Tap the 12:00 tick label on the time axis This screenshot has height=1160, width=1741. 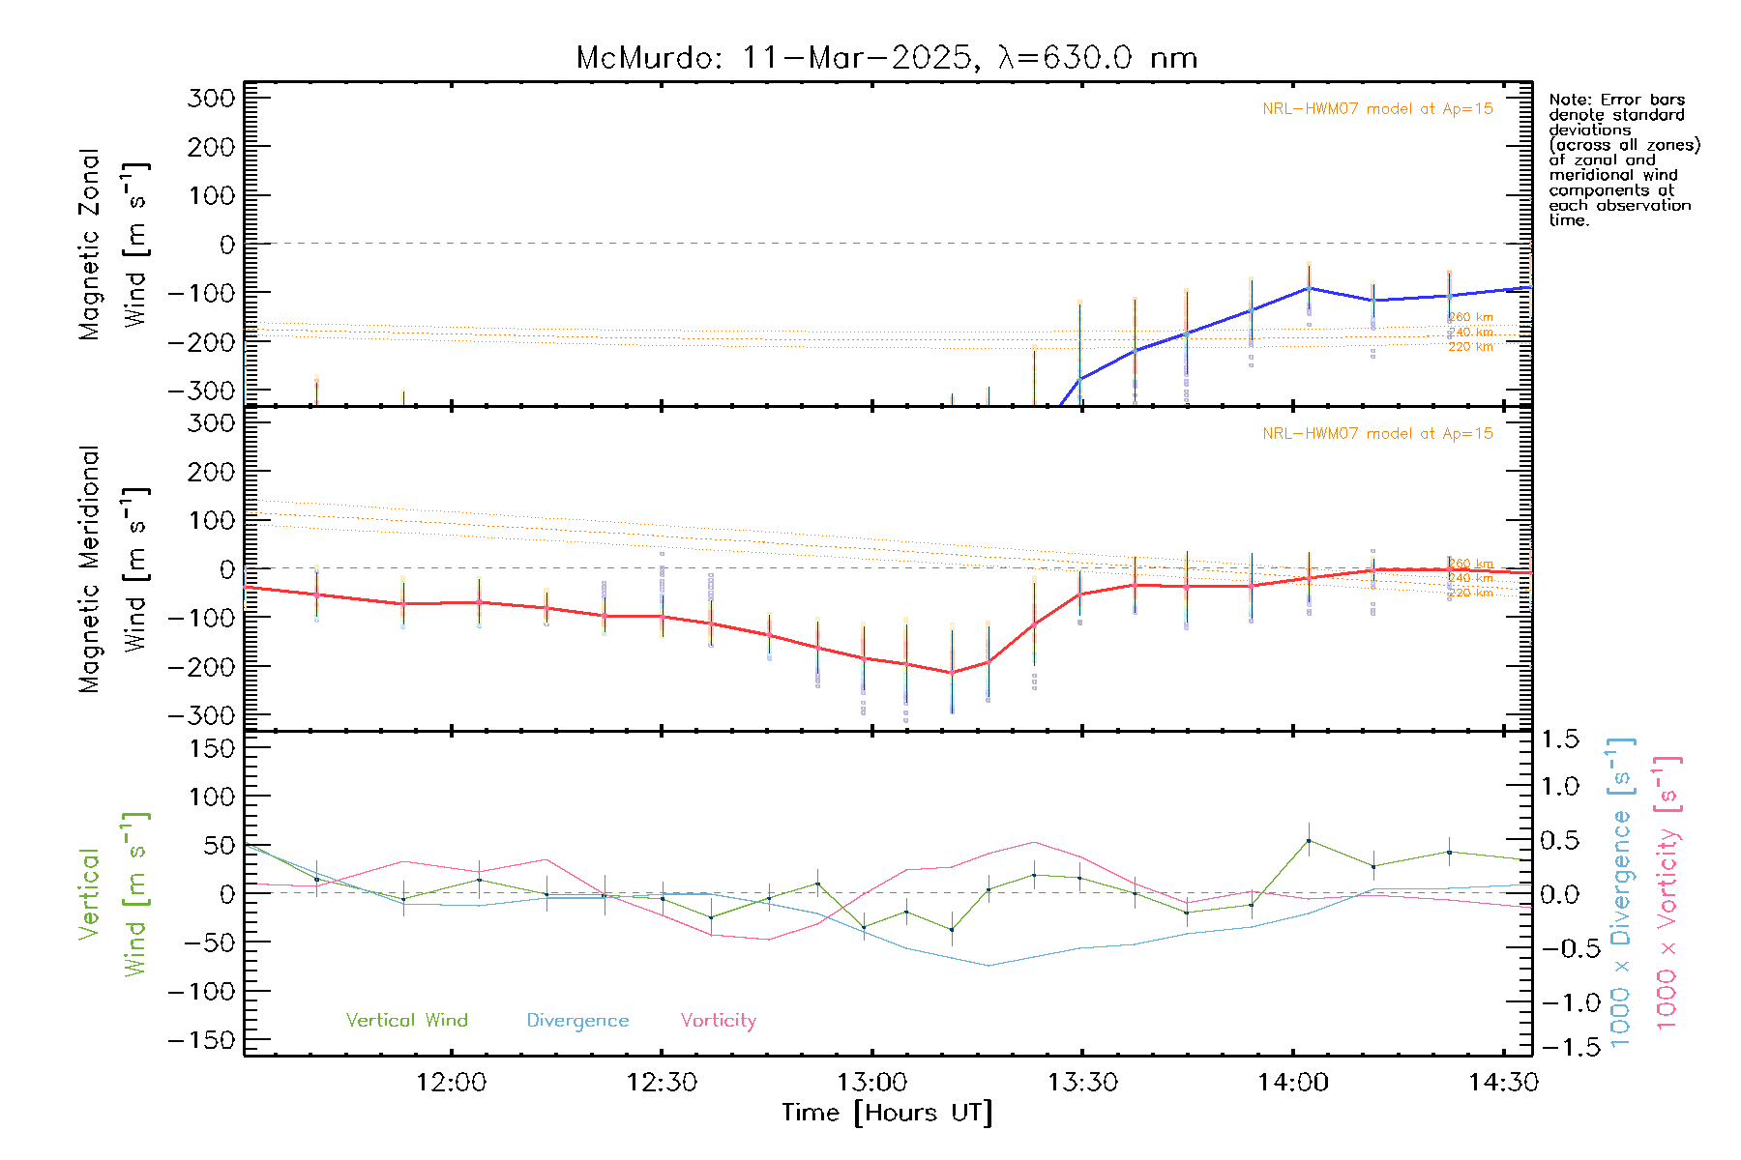[451, 1083]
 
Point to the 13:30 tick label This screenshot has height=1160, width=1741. [1082, 1083]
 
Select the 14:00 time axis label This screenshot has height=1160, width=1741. [1293, 1083]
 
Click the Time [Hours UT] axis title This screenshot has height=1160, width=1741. [887, 1113]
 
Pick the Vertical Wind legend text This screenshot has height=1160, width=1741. [406, 1021]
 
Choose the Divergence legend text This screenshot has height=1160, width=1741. [577, 1021]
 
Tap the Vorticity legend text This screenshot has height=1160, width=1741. [718, 1021]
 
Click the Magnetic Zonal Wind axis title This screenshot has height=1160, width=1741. [114, 245]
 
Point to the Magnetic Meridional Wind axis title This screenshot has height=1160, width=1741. [114, 569]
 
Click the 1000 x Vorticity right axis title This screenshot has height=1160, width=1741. [1667, 892]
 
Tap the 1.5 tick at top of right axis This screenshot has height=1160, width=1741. [1559, 739]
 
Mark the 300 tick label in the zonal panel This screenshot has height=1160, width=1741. [212, 98]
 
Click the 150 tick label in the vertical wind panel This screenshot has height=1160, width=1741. [212, 748]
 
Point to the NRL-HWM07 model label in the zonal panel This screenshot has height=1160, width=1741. [1377, 109]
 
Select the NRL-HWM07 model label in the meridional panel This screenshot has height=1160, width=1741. [1377, 434]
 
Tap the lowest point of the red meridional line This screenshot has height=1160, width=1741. [952, 673]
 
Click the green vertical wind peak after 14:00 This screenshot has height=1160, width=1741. [1309, 841]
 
